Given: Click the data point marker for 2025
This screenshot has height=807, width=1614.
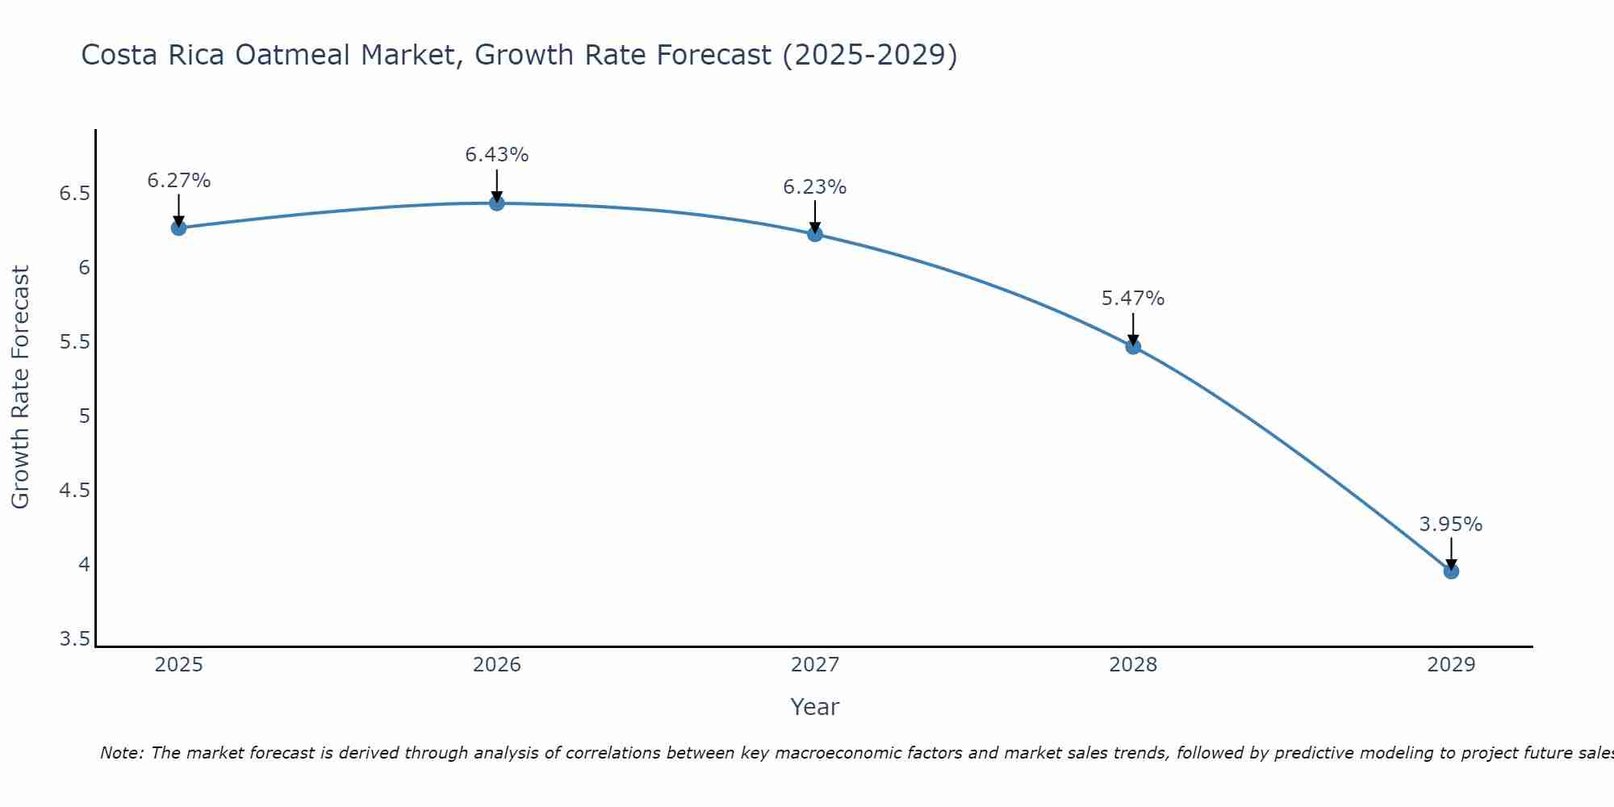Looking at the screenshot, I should pyautogui.click(x=178, y=228).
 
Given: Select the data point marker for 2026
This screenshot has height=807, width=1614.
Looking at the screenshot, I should pyautogui.click(x=496, y=203).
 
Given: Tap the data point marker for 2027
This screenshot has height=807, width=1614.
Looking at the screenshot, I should pyautogui.click(x=814, y=234).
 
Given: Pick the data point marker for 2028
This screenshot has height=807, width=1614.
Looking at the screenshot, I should pyautogui.click(x=1133, y=347).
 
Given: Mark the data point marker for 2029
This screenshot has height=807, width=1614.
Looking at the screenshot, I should pyautogui.click(x=1451, y=571).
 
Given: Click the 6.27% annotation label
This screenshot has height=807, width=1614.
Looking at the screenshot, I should pyautogui.click(x=178, y=181).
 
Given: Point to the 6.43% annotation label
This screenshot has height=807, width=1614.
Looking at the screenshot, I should pyautogui.click(x=496, y=155).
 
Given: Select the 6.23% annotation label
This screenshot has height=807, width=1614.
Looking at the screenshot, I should pyautogui.click(x=814, y=187).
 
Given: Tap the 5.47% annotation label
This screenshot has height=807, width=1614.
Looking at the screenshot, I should pyautogui.click(x=1133, y=299).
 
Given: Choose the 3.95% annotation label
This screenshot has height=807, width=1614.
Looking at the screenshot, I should pyautogui.click(x=1451, y=525).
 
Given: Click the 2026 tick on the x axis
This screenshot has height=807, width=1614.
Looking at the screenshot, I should pyautogui.click(x=496, y=665).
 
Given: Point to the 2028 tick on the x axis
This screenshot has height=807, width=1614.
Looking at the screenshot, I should pyautogui.click(x=1133, y=665).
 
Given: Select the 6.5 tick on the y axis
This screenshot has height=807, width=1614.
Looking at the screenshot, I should pyautogui.click(x=74, y=194).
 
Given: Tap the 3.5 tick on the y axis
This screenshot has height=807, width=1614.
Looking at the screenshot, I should pyautogui.click(x=74, y=639).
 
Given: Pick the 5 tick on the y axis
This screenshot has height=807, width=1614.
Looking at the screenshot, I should pyautogui.click(x=84, y=416).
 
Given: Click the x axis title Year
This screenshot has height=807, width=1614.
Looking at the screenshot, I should pyautogui.click(x=814, y=707).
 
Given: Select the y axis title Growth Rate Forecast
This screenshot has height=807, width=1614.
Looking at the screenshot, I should pyautogui.click(x=20, y=387).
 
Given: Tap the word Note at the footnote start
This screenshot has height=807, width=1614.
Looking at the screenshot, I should pyautogui.click(x=121, y=753).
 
